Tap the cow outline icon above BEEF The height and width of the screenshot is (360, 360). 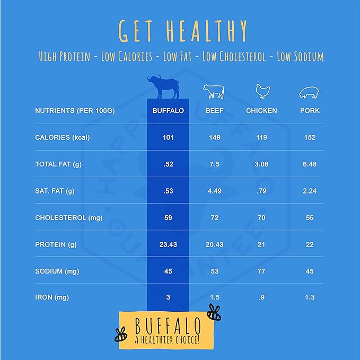point(214,91)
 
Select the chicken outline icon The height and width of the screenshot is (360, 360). point(262,91)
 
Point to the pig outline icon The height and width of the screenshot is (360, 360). point(310,93)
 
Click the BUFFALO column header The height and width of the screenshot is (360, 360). point(168,111)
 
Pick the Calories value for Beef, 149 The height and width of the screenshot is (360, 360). point(214,137)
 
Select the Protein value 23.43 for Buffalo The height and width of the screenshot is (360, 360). point(168,244)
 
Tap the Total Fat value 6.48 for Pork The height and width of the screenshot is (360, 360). point(310,164)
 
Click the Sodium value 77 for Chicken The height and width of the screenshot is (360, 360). point(262,271)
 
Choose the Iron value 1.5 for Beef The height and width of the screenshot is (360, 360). point(214,298)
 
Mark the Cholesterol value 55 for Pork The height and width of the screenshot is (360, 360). point(310,218)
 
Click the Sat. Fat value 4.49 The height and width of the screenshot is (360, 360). point(214,191)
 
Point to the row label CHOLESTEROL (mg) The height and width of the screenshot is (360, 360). point(69,218)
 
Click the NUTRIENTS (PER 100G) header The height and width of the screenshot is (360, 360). point(75,111)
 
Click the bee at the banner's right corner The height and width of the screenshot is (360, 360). point(214,313)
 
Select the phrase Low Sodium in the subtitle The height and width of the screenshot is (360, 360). point(300,57)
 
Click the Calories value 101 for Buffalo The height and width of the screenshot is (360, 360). point(168,137)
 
